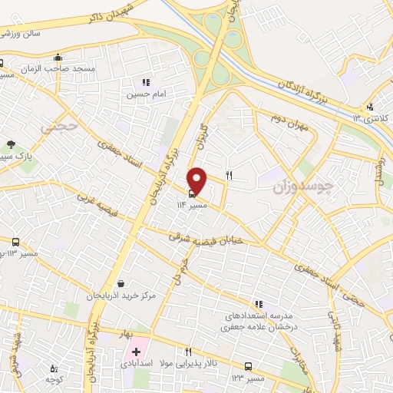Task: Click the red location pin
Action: click(x=197, y=180)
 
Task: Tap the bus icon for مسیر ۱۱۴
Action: click(x=192, y=193)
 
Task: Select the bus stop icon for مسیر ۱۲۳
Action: click(x=249, y=366)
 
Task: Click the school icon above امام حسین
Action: click(x=145, y=82)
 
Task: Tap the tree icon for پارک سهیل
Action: click(x=11, y=144)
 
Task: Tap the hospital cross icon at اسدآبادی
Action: click(x=137, y=352)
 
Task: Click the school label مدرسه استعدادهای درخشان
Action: click(x=258, y=316)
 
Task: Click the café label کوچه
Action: click(x=53, y=380)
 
